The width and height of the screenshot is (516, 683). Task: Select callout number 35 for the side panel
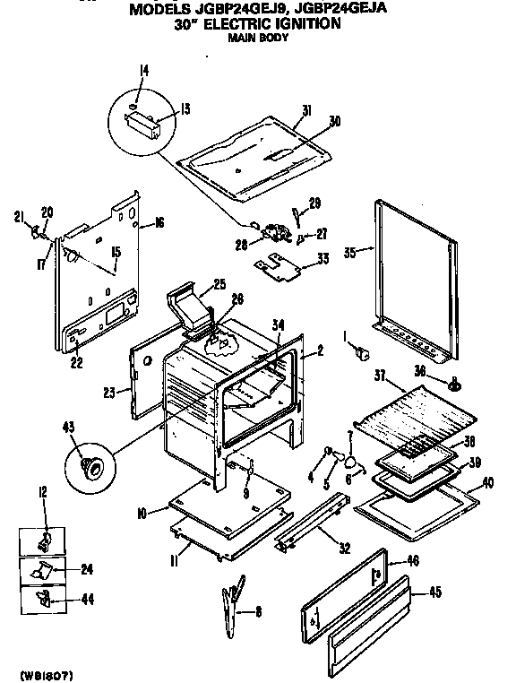click(349, 254)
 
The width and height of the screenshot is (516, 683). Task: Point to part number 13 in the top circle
click(185, 109)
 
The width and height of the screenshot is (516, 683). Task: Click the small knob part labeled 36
click(456, 385)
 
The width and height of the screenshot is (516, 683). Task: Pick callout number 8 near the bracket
click(259, 612)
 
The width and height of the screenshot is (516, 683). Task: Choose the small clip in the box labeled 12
click(42, 541)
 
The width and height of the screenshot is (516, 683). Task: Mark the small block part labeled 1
click(363, 353)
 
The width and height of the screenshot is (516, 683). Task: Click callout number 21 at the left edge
click(19, 216)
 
